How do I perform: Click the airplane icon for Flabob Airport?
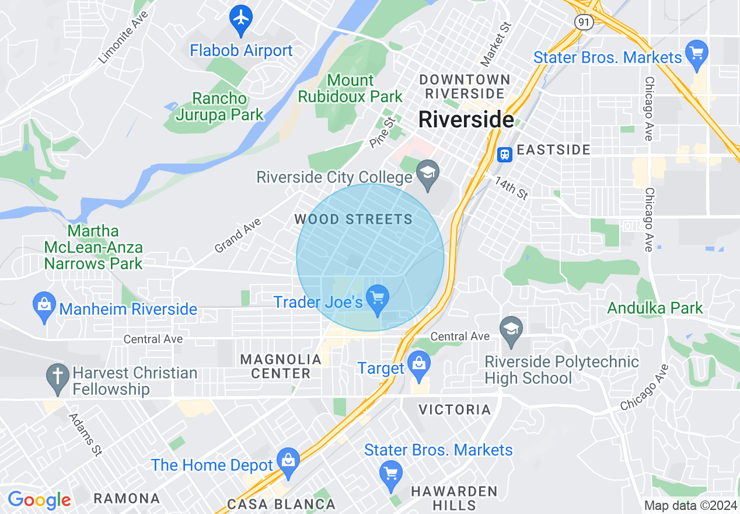240,18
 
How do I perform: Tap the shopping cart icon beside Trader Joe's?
378,298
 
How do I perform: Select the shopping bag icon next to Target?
418,364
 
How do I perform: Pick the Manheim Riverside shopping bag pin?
44,305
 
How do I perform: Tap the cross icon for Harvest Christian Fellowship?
58,377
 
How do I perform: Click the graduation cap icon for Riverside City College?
428,173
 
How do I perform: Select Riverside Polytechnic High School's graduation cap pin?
511,329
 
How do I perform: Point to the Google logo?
39,500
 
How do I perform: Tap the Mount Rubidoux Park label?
350,88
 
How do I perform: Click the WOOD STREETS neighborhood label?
353,220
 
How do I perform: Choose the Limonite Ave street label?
123,38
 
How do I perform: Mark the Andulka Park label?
655,308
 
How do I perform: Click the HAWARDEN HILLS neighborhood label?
454,498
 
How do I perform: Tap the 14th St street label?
511,189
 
